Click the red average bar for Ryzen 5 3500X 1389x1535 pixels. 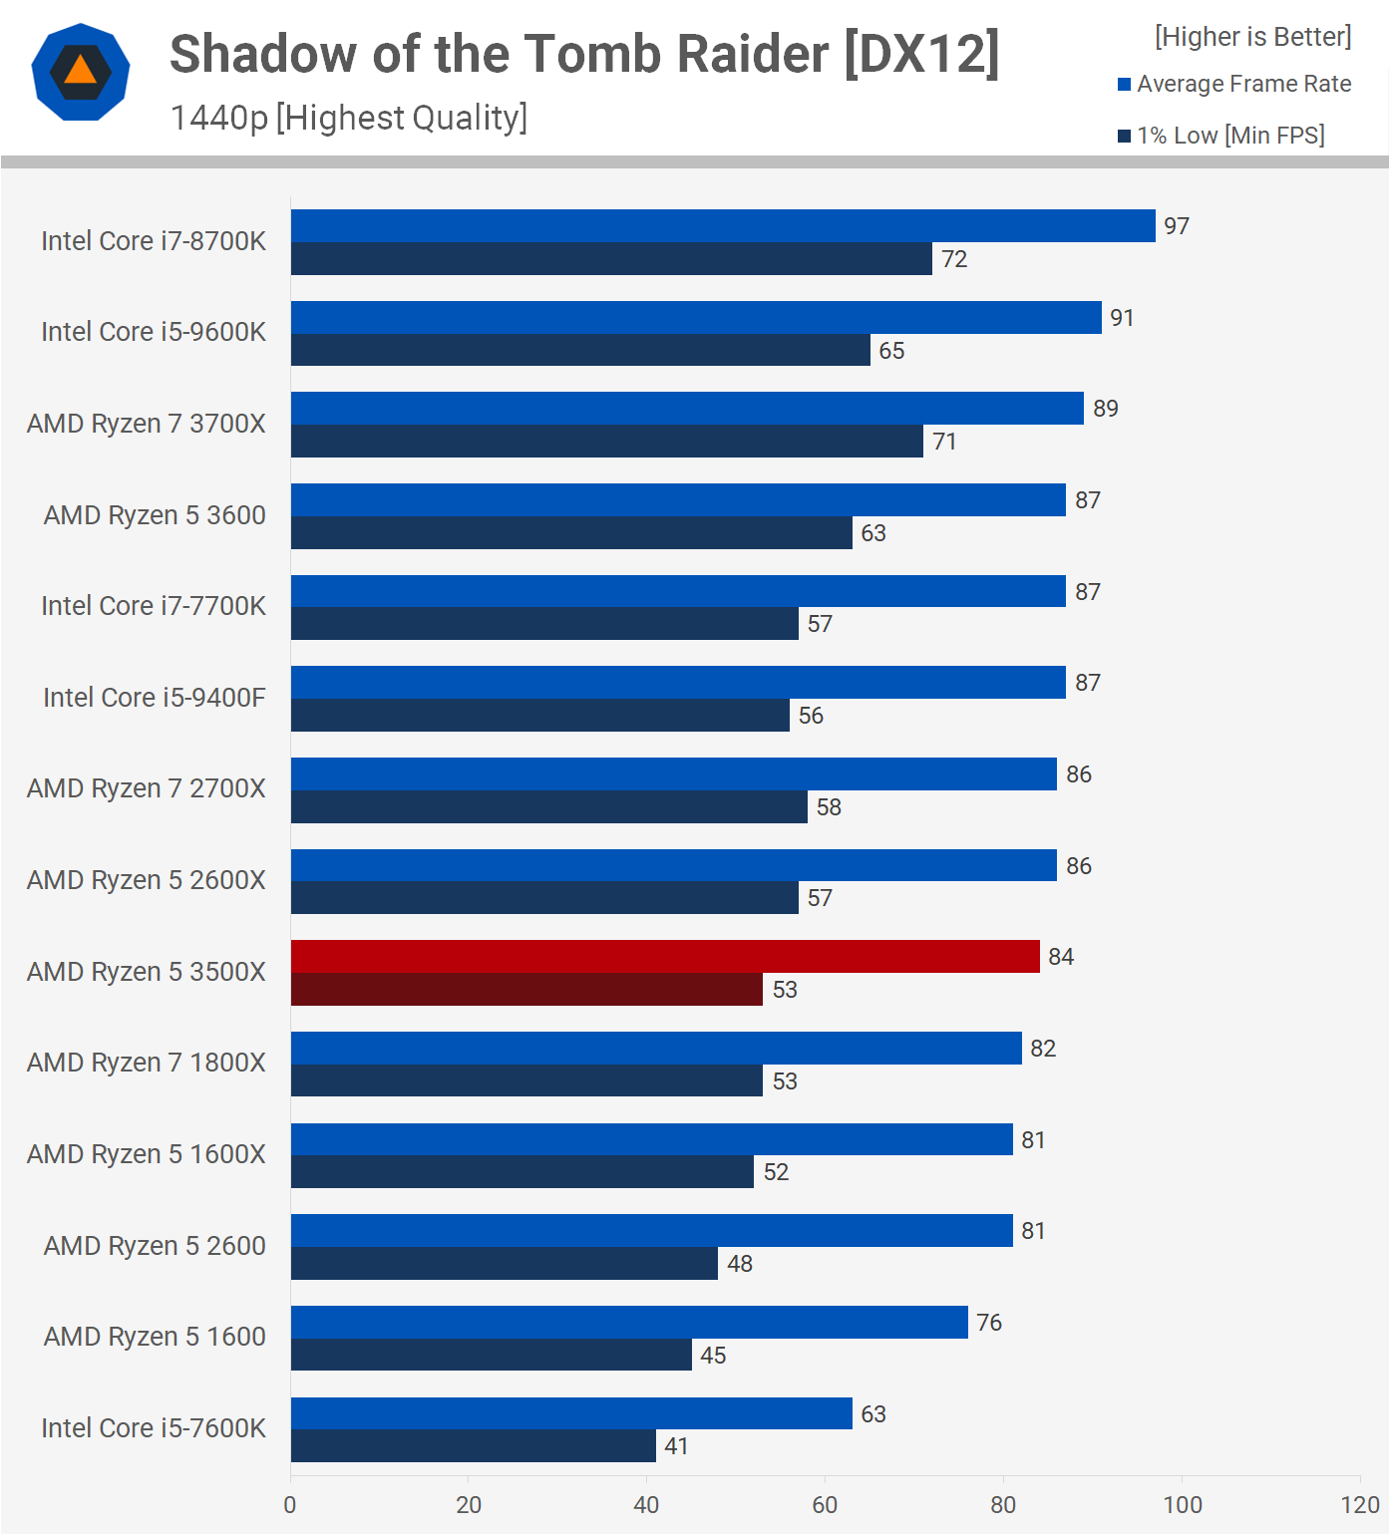point(665,957)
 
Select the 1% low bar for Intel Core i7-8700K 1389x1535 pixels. point(611,259)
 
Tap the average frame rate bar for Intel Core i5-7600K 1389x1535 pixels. point(571,1413)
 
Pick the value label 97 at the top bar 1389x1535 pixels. point(1177,226)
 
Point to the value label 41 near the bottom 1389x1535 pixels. point(677,1446)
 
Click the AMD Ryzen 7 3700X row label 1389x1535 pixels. point(147,424)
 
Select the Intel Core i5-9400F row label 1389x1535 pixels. point(155,698)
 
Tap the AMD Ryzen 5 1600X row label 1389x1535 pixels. point(147,1154)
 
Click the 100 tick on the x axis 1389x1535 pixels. point(1183,1505)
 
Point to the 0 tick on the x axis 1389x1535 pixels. point(290,1505)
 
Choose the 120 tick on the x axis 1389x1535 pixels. point(1360,1505)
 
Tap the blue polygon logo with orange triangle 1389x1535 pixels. point(81,72)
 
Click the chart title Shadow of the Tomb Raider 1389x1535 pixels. point(584,54)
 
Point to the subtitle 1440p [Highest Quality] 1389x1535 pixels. point(349,118)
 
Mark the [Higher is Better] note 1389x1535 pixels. point(1253,37)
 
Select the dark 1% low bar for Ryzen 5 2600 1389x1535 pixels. point(505,1264)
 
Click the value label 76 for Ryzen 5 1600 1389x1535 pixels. point(989,1323)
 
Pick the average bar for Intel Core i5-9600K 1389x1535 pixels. point(696,318)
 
